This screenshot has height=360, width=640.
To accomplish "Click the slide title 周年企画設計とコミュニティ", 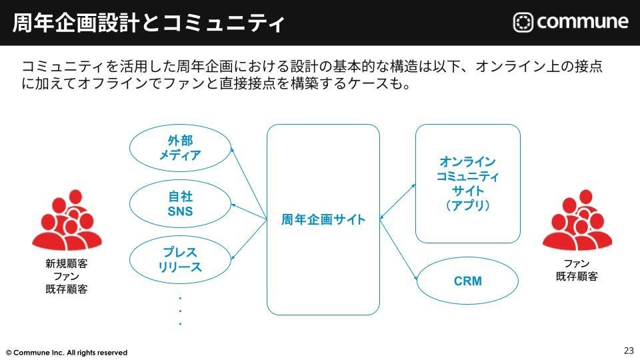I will click(x=148, y=23).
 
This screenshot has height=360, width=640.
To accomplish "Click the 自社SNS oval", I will click(x=180, y=205).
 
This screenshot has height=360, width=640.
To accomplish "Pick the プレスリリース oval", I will click(x=180, y=260).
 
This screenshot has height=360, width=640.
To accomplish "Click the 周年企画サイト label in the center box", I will click(x=323, y=219).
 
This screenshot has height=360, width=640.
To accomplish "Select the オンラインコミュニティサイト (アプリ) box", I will click(x=467, y=183).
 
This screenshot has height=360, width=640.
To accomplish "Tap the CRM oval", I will click(x=467, y=281).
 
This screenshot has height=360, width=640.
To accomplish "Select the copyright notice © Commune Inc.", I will click(x=67, y=352).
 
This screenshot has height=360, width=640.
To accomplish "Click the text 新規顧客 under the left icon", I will click(x=67, y=264).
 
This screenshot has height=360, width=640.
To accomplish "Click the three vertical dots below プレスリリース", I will click(x=180, y=311).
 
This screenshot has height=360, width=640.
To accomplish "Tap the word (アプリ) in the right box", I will click(x=467, y=206).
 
